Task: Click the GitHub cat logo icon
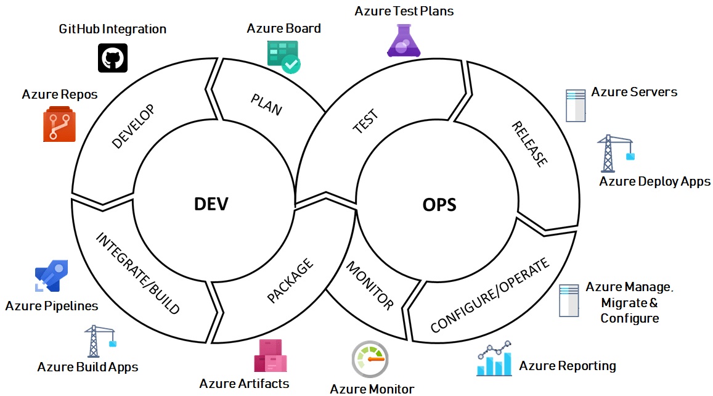click(113, 58)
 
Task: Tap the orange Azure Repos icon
click(59, 123)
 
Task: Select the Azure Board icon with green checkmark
click(283, 56)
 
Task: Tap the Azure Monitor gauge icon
click(370, 359)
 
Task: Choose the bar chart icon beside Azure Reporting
click(494, 359)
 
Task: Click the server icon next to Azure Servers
click(575, 105)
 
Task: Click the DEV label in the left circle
click(211, 204)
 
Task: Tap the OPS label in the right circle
click(439, 204)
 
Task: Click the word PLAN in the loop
click(266, 104)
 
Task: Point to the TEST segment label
click(365, 122)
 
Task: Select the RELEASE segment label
click(529, 144)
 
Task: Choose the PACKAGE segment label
click(290, 281)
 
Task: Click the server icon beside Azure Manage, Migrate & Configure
click(569, 300)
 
